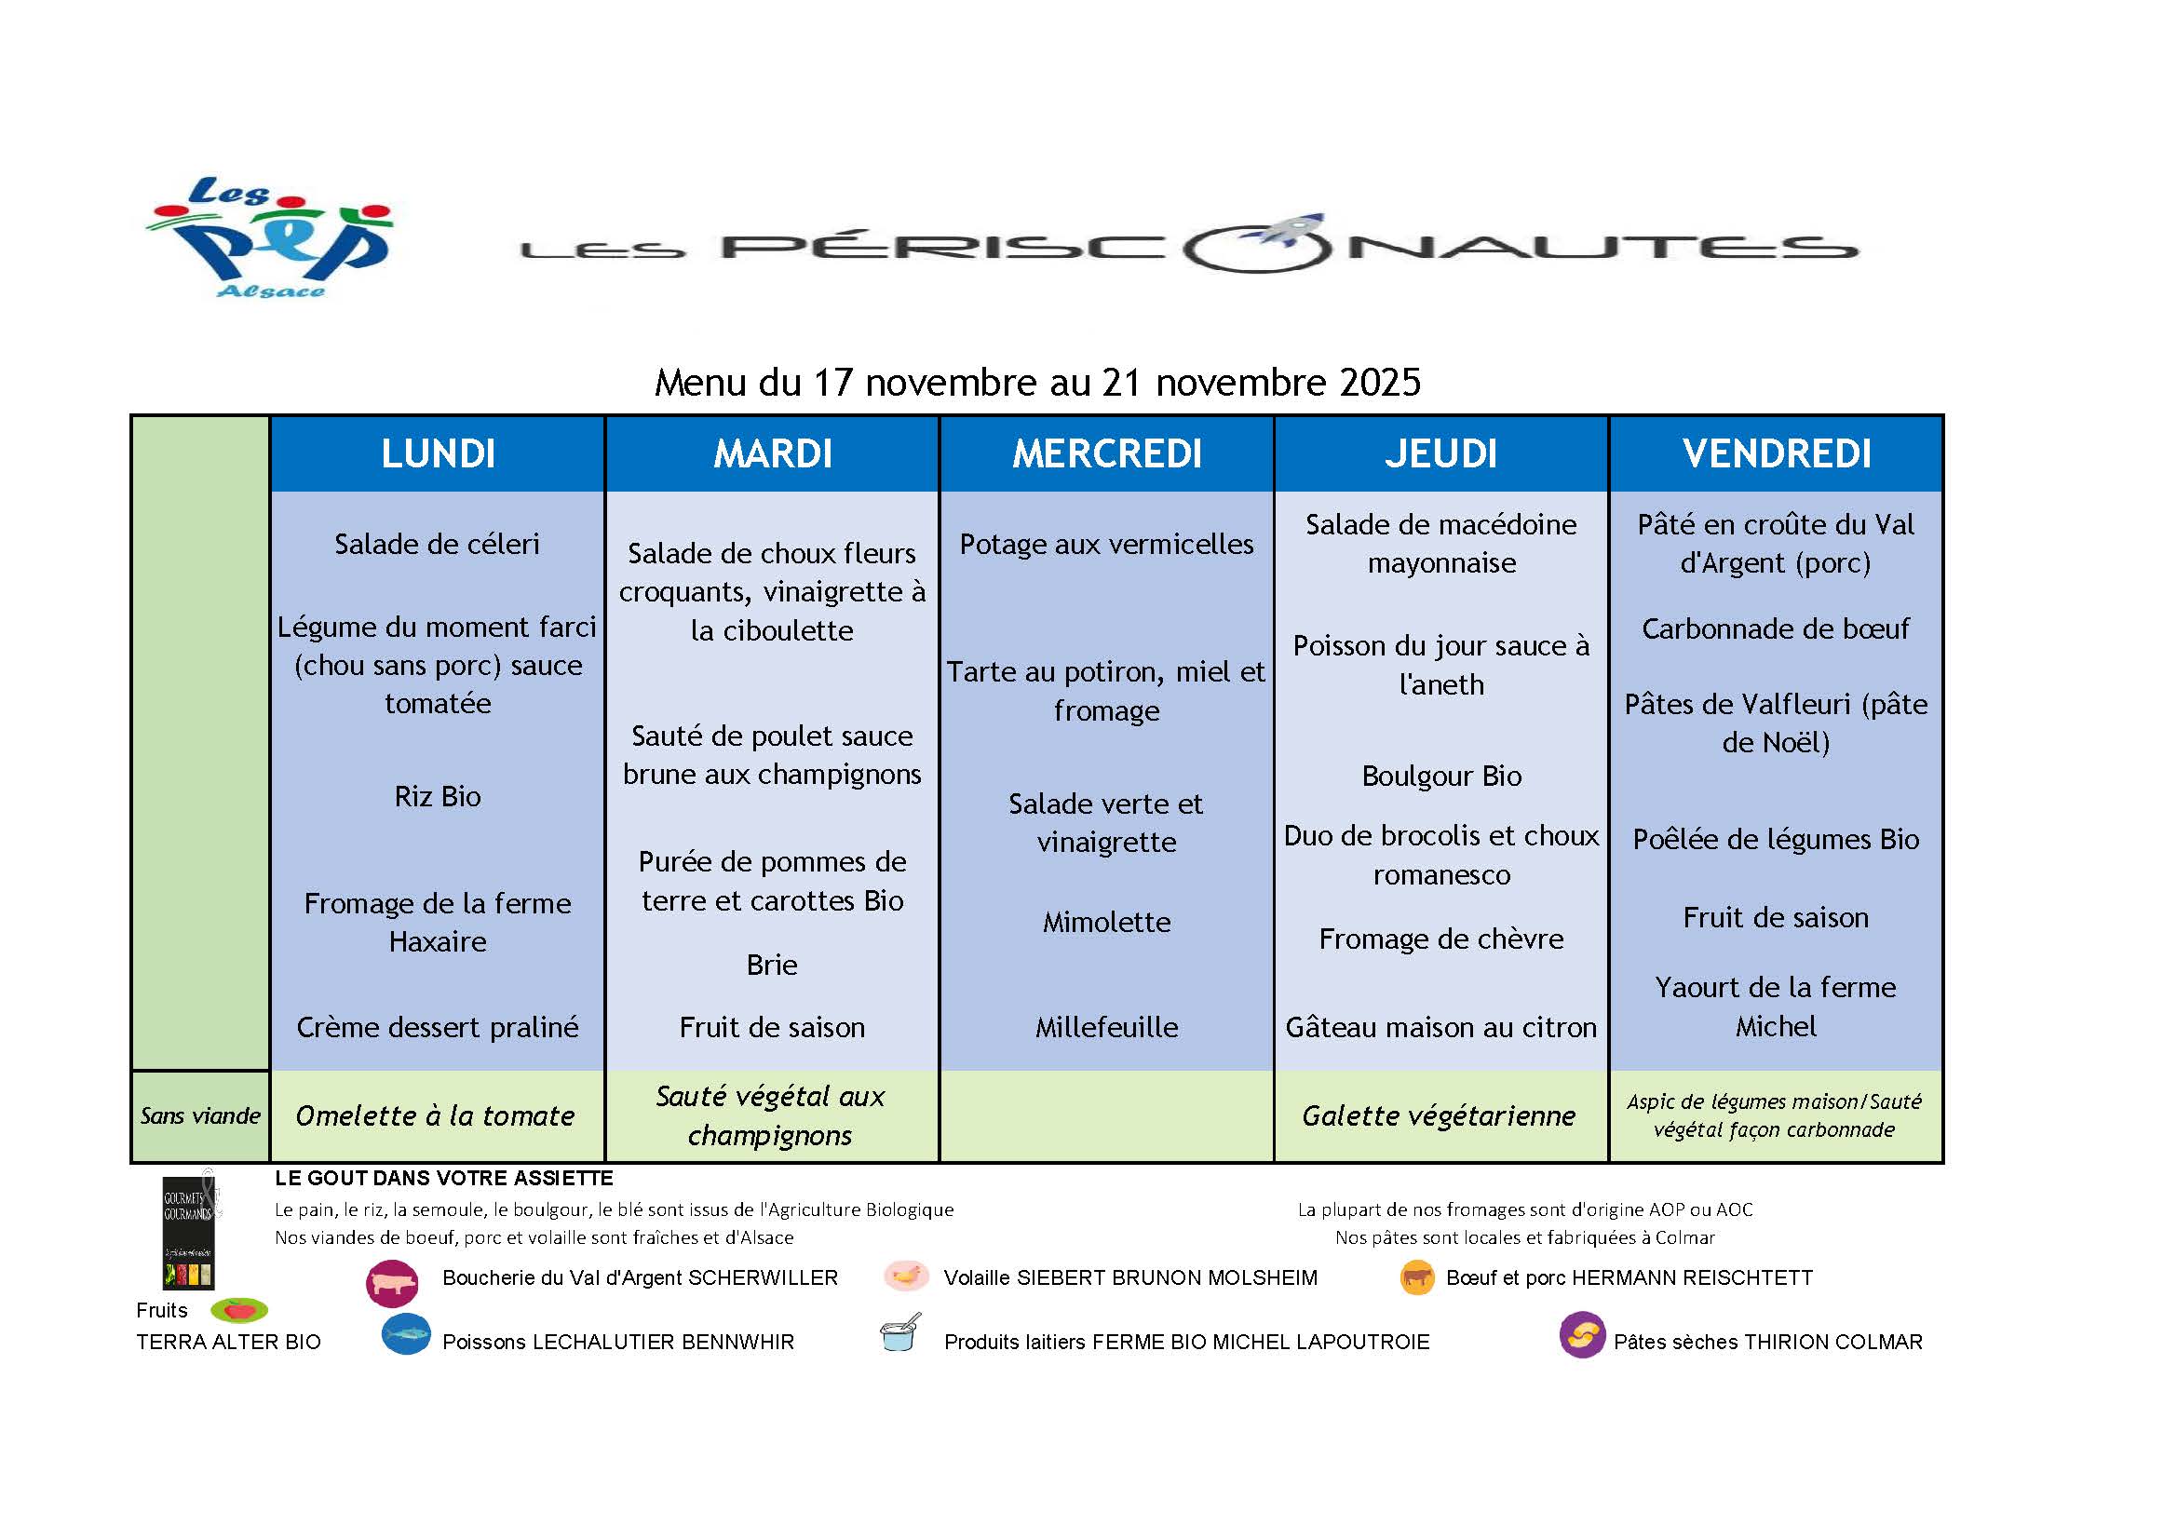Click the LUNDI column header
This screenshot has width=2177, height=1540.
[x=438, y=453]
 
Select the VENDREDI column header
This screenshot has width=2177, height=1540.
[x=1776, y=453]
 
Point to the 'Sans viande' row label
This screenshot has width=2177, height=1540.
[x=200, y=1116]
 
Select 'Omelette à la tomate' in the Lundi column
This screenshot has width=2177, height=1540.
[x=435, y=1116]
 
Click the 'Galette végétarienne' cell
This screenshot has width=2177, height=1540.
[x=1440, y=1116]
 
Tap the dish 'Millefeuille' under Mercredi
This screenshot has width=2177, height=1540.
[x=1106, y=1027]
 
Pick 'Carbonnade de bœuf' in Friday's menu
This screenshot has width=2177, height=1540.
[x=1775, y=628]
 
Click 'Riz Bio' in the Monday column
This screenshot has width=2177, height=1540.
[x=437, y=795]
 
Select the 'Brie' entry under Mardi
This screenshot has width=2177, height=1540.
[x=772, y=965]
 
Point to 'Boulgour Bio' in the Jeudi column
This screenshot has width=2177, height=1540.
[x=1441, y=776]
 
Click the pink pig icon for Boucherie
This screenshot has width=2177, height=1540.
[x=393, y=1284]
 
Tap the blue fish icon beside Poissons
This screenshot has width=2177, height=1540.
[x=407, y=1335]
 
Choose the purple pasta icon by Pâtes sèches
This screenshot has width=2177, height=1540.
[x=1582, y=1335]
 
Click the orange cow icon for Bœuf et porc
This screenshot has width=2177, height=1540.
[x=1416, y=1278]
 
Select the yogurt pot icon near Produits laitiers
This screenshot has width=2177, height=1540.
[x=899, y=1332]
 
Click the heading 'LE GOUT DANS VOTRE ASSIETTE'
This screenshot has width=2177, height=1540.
[x=444, y=1178]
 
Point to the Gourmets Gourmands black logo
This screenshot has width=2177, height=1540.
[x=190, y=1230]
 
